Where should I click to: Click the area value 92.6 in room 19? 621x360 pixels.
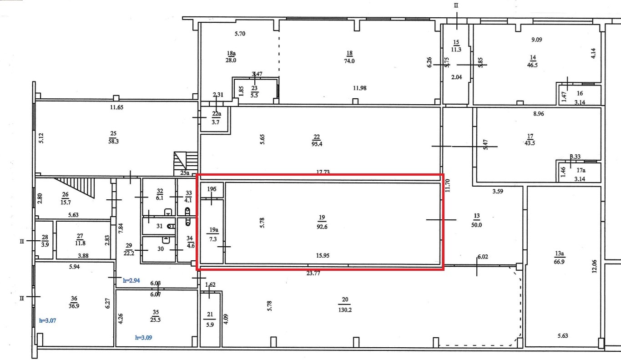[x=322, y=227]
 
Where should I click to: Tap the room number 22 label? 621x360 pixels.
[x=317, y=137]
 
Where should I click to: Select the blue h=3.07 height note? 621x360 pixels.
[x=48, y=320]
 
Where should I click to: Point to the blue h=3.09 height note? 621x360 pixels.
[x=144, y=338]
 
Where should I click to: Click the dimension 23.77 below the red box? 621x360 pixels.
[x=313, y=273]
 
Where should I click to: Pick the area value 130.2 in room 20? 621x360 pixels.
[x=345, y=310]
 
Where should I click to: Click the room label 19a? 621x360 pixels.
[x=214, y=230]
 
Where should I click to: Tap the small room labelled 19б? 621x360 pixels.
[x=212, y=190]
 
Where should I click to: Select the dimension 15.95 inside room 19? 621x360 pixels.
[x=323, y=255]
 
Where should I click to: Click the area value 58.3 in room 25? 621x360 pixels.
[x=113, y=142]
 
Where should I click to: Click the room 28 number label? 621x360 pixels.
[x=45, y=238]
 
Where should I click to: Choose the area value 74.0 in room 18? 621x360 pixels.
[x=349, y=61]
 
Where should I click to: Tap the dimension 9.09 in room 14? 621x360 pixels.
[x=537, y=40]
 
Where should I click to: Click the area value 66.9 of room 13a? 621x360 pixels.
[x=559, y=262]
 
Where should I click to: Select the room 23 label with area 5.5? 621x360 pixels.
[x=254, y=92]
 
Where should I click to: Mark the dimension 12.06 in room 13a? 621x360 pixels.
[x=594, y=266]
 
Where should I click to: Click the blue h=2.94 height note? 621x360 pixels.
[x=131, y=280]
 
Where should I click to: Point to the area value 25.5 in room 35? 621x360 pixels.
[x=155, y=320]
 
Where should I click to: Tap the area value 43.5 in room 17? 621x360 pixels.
[x=530, y=143]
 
